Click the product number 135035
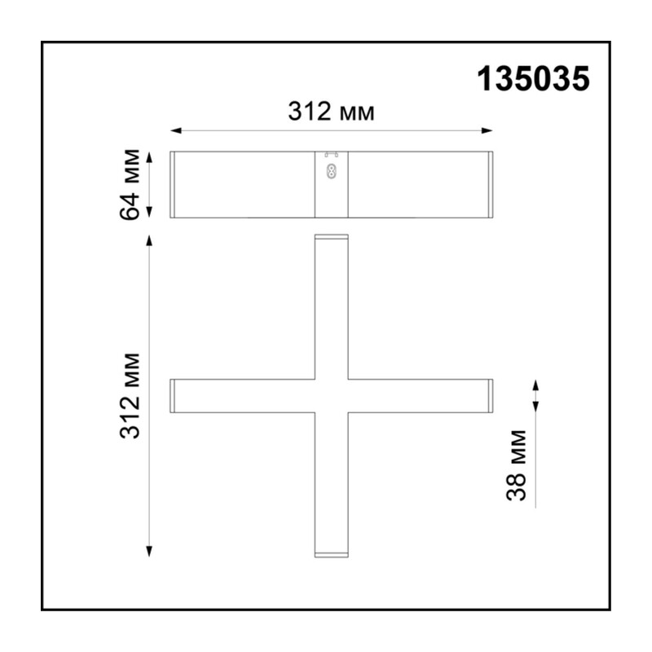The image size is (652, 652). pyautogui.click(x=533, y=79)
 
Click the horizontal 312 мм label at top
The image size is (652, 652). pyautogui.click(x=332, y=112)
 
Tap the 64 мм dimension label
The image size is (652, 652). pyautogui.click(x=130, y=184)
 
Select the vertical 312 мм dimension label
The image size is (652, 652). pyautogui.click(x=130, y=396)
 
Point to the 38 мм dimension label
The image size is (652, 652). pyautogui.click(x=517, y=465)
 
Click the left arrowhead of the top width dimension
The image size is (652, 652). pyautogui.click(x=176, y=130)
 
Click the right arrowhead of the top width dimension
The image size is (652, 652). pyautogui.click(x=487, y=130)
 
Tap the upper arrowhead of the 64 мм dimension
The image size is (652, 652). pyautogui.click(x=150, y=157)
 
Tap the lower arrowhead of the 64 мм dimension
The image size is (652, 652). pyautogui.click(x=150, y=212)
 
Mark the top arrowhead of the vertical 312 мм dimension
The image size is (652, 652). pyautogui.click(x=149, y=240)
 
